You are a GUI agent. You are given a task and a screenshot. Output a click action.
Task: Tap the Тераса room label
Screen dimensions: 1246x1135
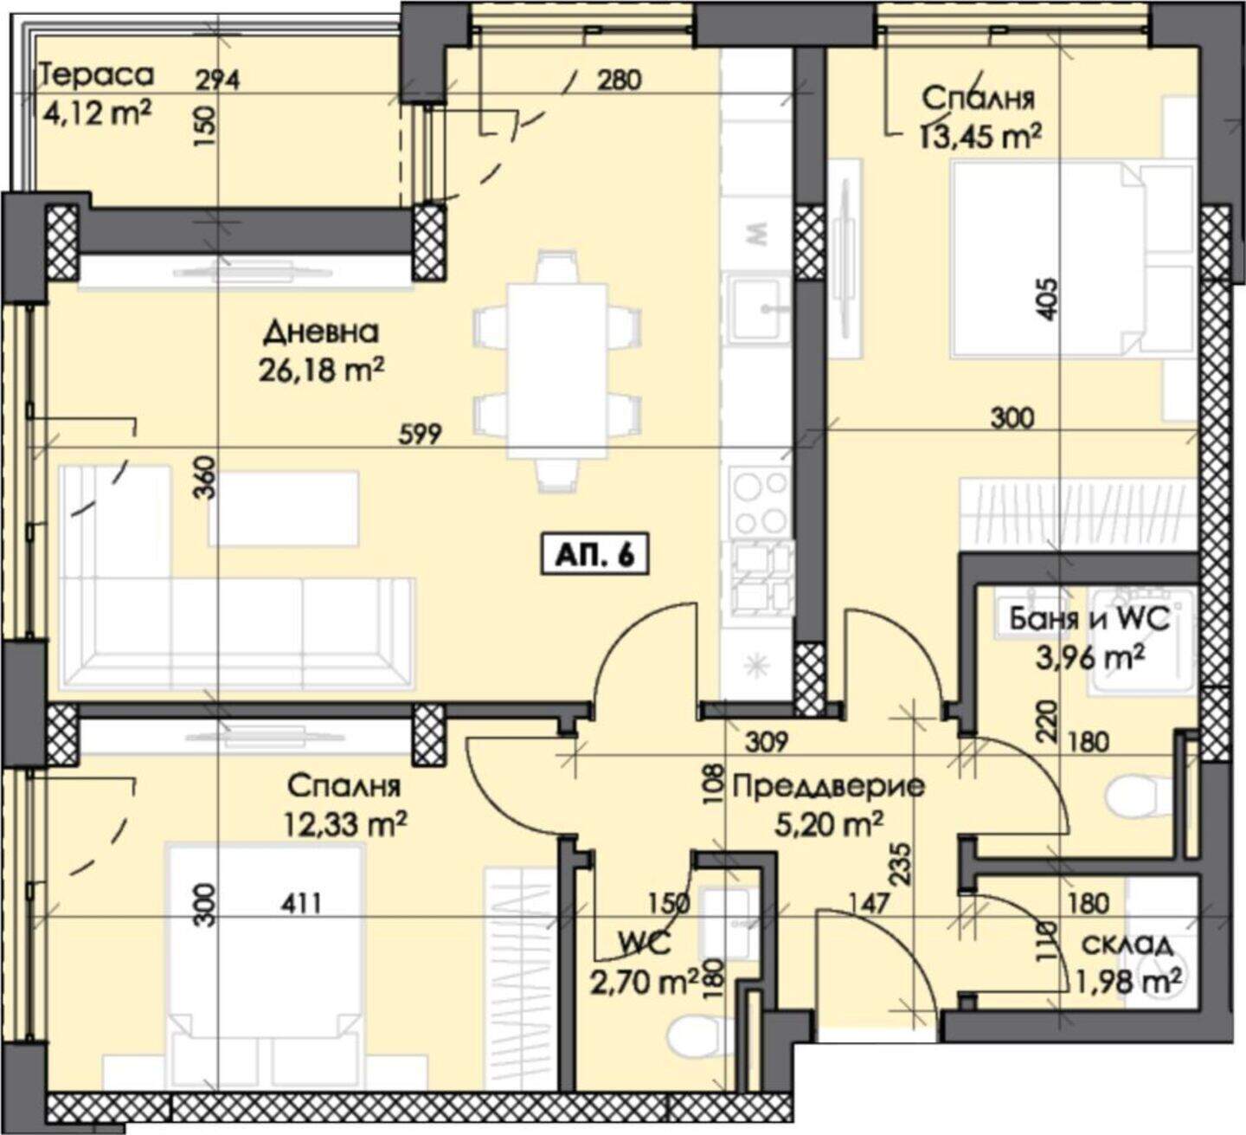click(x=96, y=75)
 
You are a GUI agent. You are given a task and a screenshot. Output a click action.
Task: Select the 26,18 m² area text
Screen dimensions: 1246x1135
click(x=322, y=371)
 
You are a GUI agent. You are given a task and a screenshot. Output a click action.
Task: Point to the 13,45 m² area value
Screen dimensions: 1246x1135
click(x=979, y=137)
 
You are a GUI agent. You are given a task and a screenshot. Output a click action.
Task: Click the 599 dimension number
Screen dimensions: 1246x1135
click(x=421, y=433)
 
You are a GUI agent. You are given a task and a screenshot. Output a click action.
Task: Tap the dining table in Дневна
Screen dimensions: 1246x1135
click(x=557, y=371)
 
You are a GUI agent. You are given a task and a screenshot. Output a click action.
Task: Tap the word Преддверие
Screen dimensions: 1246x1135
click(x=829, y=787)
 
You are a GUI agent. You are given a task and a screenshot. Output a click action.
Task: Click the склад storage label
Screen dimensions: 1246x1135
click(x=1127, y=945)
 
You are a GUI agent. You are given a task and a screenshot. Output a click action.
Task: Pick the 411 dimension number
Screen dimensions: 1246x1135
click(x=299, y=904)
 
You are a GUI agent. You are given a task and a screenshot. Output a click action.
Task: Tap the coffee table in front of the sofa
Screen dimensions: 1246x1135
click(x=283, y=508)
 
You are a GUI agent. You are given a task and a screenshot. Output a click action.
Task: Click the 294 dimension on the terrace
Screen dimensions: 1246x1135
click(x=217, y=81)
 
